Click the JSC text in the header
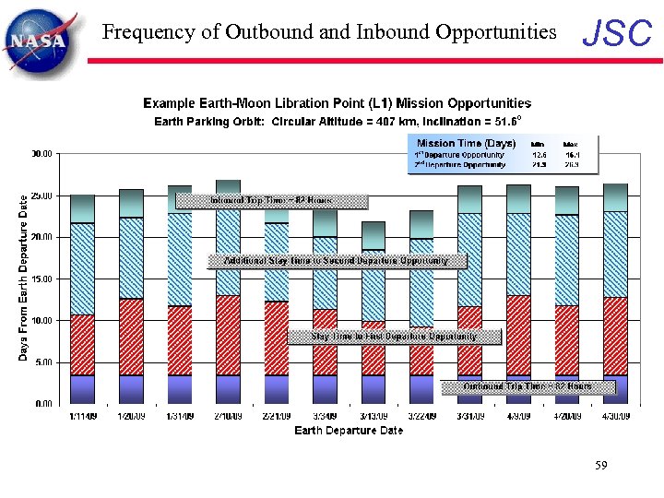pyautogui.click(x=617, y=34)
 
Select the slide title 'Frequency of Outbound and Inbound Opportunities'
pyautogui.click(x=329, y=32)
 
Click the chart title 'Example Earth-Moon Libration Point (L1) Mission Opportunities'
pyautogui.click(x=337, y=102)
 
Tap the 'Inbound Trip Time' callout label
pyautogui.click(x=271, y=200)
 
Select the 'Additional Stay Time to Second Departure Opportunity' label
pyautogui.click(x=336, y=261)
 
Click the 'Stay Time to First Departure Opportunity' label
pyautogui.click(x=394, y=337)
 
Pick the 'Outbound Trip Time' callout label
pyautogui.click(x=527, y=386)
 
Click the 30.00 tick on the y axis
pyautogui.click(x=41, y=153)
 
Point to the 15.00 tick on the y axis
pyautogui.click(x=41, y=279)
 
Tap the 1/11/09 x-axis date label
pyautogui.click(x=82, y=416)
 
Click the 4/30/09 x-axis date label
pyautogui.click(x=615, y=416)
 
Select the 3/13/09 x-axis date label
pyautogui.click(x=373, y=416)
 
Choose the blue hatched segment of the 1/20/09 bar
pyautogui.click(x=131, y=258)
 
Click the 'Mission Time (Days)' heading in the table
pyautogui.click(x=466, y=144)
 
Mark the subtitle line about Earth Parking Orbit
pyautogui.click(x=338, y=121)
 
